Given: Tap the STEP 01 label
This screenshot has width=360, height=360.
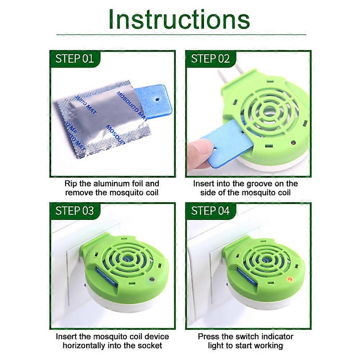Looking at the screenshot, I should click(x=74, y=59).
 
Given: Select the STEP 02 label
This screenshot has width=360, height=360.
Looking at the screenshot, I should click(x=210, y=59).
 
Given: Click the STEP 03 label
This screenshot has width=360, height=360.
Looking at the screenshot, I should click(x=74, y=211).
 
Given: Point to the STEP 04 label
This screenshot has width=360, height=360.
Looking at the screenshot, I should click(x=210, y=211).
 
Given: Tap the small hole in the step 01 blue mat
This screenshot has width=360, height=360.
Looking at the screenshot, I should click(x=157, y=97).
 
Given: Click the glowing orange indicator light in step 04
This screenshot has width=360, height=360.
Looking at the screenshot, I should click(x=289, y=278).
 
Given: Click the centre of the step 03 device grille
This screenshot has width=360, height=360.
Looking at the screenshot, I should click(x=126, y=257).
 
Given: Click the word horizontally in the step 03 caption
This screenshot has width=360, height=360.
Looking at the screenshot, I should click(x=83, y=346).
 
